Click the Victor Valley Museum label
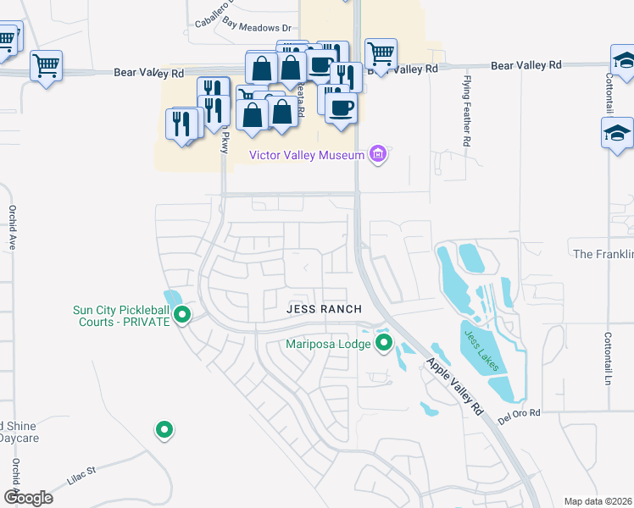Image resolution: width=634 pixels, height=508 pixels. click(x=305, y=154)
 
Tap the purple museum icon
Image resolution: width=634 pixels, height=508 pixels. click(x=378, y=154)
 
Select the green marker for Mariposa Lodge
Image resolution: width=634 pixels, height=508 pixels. click(x=384, y=343)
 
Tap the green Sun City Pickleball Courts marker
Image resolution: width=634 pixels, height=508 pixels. click(x=181, y=316)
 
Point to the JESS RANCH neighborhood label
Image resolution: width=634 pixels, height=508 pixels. click(x=324, y=309)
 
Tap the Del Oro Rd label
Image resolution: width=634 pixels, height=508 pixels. click(x=519, y=413)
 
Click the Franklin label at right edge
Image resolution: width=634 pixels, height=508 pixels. click(x=603, y=254)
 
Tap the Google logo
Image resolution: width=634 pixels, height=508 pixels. click(x=28, y=497)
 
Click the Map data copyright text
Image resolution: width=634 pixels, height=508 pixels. click(x=598, y=501)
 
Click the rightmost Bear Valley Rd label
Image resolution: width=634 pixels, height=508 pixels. click(x=526, y=65)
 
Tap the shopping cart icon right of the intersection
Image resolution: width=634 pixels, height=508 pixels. click(x=381, y=54)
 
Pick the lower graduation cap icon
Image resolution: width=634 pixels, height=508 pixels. click(x=617, y=133)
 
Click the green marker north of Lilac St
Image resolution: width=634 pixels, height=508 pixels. click(x=164, y=430)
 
